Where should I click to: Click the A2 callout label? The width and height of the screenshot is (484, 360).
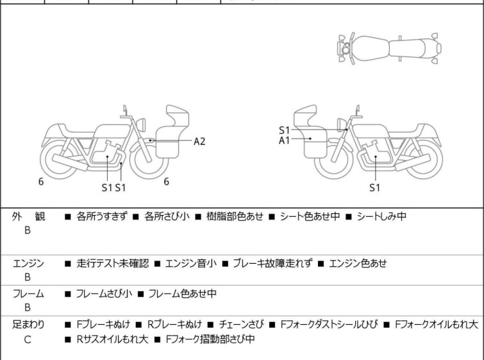(x=199, y=141)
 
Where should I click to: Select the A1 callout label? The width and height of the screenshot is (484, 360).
(x=284, y=139)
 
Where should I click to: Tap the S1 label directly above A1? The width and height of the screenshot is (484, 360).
(x=284, y=130)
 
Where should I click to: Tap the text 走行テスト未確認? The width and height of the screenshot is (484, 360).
(x=112, y=263)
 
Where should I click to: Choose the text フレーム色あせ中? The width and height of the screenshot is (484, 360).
(x=182, y=295)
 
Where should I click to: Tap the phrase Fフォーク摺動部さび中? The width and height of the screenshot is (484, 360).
(x=210, y=339)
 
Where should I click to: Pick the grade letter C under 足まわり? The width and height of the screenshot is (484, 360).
(x=28, y=339)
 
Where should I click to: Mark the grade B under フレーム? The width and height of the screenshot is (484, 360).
(x=28, y=308)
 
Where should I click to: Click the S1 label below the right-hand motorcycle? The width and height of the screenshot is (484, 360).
(x=375, y=188)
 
